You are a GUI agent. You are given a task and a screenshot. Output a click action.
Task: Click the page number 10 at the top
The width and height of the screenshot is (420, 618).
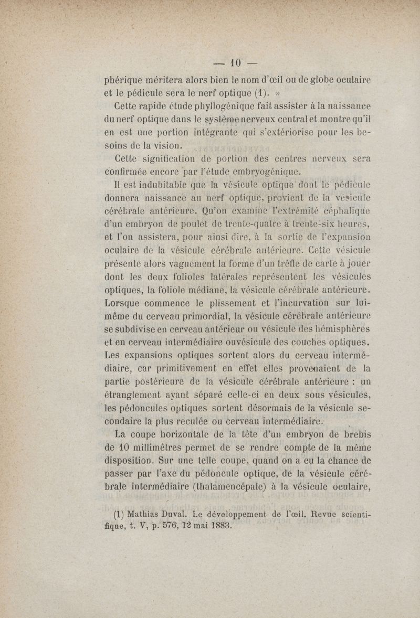(235, 63)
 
